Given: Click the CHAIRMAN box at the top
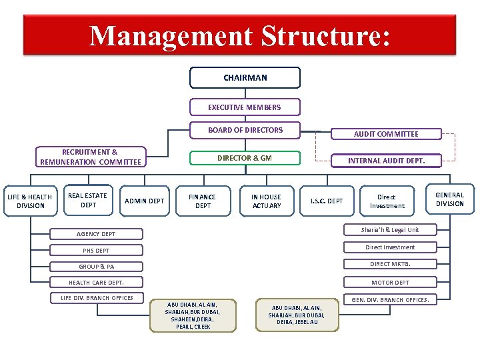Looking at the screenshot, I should click(245, 78).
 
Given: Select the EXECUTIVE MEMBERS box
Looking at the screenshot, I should click(245, 107).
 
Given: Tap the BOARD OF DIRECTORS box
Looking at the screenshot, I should click(245, 130).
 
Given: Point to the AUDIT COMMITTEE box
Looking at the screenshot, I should click(386, 134).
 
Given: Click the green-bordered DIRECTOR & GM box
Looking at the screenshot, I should click(245, 159).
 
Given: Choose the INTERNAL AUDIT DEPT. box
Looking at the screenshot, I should click(386, 161).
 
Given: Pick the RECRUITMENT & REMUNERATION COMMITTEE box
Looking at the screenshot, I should click(91, 157).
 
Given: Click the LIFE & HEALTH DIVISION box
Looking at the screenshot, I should click(30, 201).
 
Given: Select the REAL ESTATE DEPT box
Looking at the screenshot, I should click(87, 200).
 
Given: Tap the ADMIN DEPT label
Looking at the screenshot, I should click(145, 201).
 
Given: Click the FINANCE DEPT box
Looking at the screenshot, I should click(203, 201).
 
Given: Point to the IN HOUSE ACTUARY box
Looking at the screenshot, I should click(266, 201).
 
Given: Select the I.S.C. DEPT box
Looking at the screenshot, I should click(327, 201).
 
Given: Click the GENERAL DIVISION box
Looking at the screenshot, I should click(449, 199).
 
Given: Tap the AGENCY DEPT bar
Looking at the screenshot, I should click(96, 234).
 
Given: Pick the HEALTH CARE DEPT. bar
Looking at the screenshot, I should click(96, 283).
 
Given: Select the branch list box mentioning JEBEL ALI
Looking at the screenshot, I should click(295, 315).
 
